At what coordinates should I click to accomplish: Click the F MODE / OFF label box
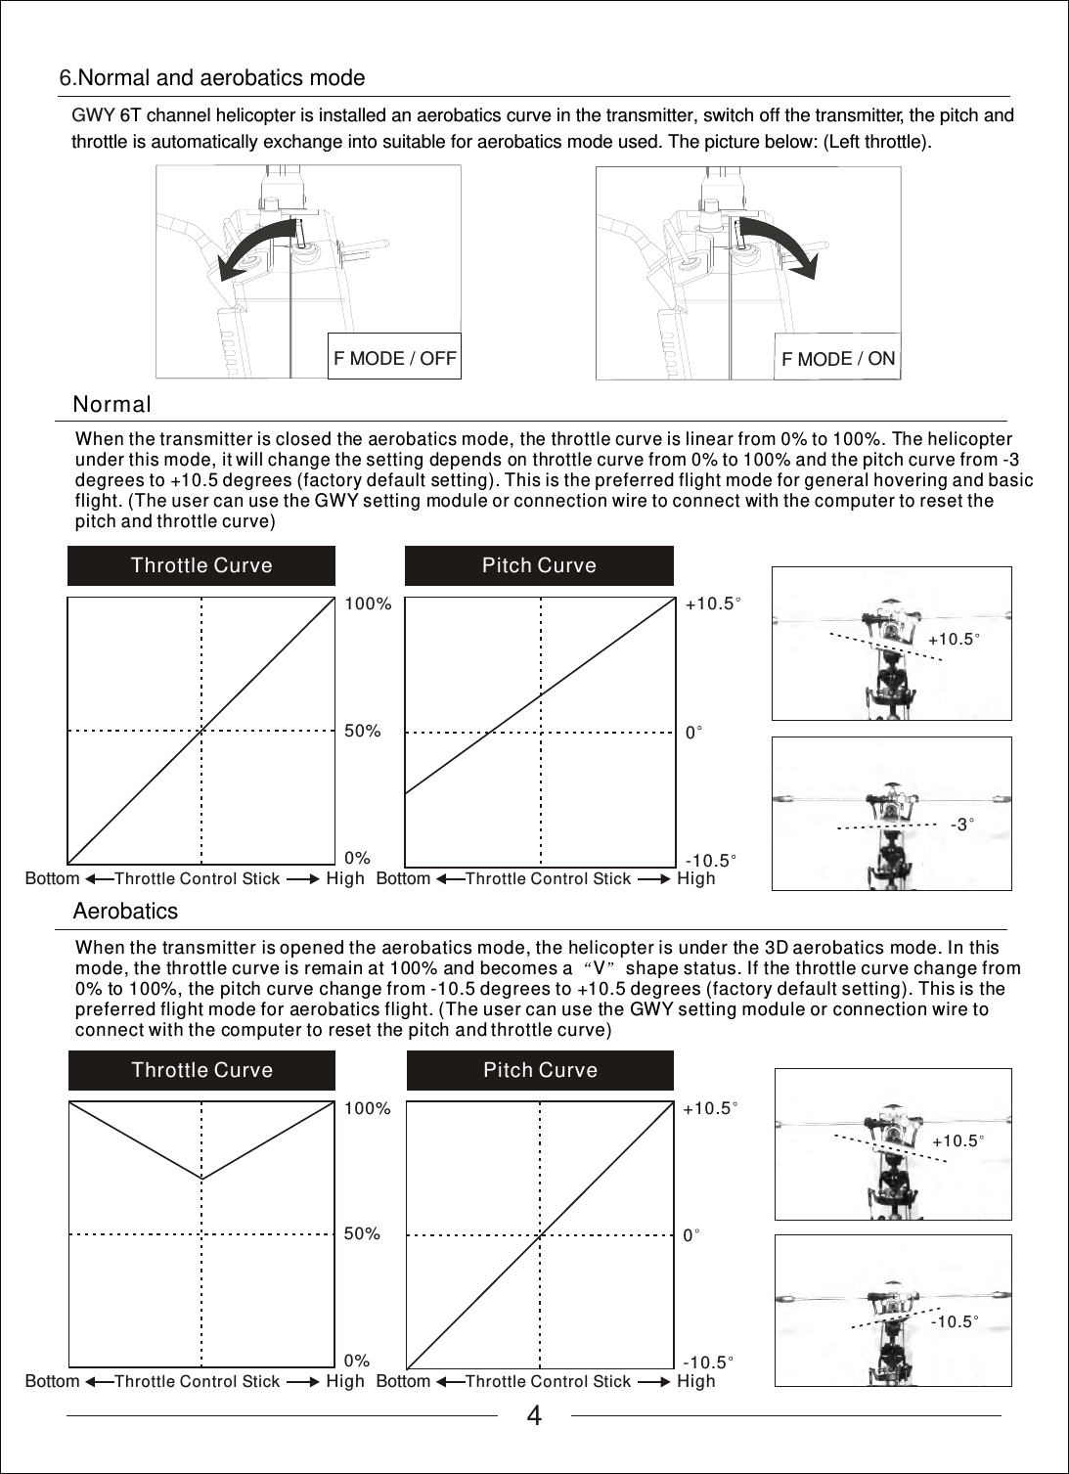[x=394, y=358]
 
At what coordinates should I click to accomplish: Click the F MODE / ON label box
[x=837, y=359]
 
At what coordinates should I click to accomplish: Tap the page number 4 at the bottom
[x=534, y=1416]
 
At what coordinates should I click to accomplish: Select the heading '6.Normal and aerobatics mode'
[x=212, y=78]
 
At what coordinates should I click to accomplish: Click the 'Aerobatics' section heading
[x=126, y=912]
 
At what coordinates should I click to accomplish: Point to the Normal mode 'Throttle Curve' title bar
[x=201, y=565]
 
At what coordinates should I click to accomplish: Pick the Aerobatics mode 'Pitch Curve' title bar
[x=540, y=1070]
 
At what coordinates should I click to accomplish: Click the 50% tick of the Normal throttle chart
[x=363, y=731]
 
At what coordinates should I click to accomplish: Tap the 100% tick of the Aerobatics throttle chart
[x=368, y=1108]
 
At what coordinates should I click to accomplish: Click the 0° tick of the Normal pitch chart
[x=693, y=732]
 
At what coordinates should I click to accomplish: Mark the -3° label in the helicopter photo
[x=962, y=825]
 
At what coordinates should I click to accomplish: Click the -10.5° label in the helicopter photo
[x=955, y=1321]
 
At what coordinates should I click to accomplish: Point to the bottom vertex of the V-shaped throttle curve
[x=202, y=1180]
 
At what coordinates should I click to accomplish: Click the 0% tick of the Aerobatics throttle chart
[x=357, y=1361]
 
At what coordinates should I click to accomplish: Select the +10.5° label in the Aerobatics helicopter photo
[x=958, y=1141]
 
